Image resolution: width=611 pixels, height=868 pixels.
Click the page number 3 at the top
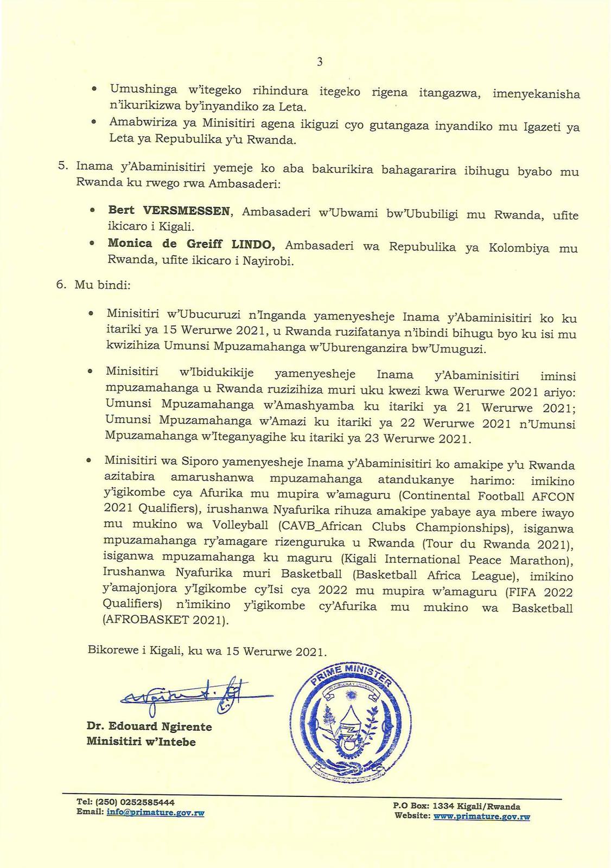(320, 62)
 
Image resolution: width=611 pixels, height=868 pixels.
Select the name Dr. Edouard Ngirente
(149, 726)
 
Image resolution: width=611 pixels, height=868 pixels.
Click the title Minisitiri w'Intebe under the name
(141, 741)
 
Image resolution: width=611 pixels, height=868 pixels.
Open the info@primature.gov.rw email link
(155, 812)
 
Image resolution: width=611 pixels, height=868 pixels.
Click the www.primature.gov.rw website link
(481, 816)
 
